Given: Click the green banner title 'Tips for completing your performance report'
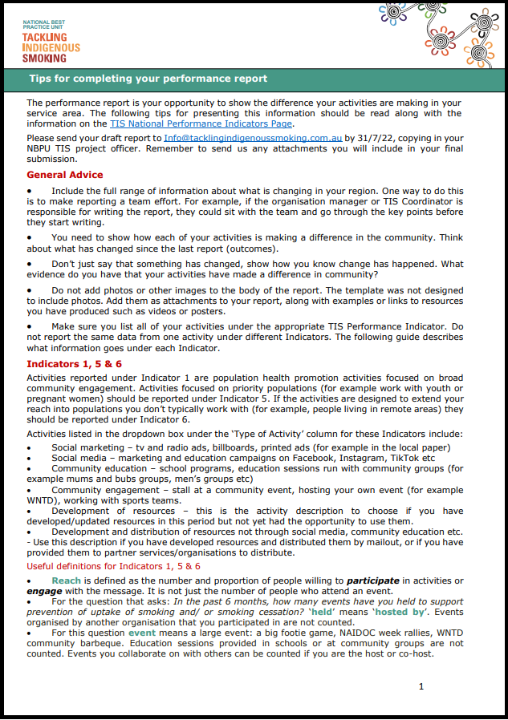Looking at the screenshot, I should [x=148, y=79].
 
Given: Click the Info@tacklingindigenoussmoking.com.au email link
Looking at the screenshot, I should [x=253, y=138].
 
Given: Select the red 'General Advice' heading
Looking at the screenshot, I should [x=64, y=175].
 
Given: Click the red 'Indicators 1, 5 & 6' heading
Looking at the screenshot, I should [x=74, y=364].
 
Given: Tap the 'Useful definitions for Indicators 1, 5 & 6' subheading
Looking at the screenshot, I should [x=113, y=565].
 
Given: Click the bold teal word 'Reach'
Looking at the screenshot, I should [x=67, y=580].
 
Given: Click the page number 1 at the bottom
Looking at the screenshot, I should [x=421, y=686].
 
